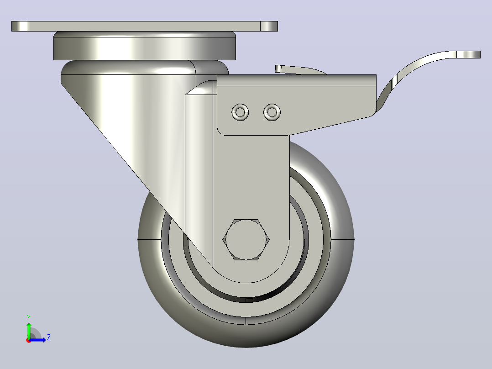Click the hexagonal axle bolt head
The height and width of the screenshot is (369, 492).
coord(246,240)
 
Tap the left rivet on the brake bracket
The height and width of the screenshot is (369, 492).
coord(240,112)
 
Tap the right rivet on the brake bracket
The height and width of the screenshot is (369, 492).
coord(272,112)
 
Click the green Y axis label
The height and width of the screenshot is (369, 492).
coord(29,317)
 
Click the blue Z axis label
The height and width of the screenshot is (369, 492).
coord(49,337)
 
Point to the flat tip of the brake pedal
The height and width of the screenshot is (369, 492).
coord(468,55)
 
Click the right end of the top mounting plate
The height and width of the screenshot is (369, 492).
coord(269,26)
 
